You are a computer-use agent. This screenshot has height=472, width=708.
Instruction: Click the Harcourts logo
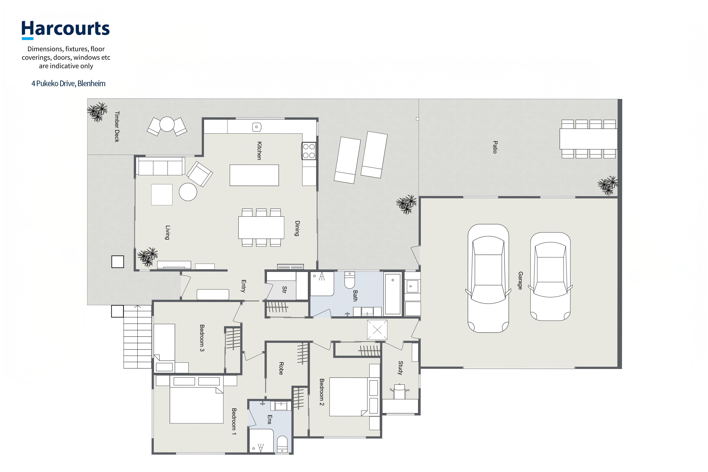pos(66,30)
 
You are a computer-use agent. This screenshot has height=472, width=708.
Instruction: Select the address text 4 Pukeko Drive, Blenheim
pos(68,83)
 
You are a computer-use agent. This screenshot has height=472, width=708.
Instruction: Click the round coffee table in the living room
pos(188,192)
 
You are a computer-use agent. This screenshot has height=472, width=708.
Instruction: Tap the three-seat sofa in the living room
pos(160,166)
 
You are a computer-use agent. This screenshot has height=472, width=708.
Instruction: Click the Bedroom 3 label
pos(202,338)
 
